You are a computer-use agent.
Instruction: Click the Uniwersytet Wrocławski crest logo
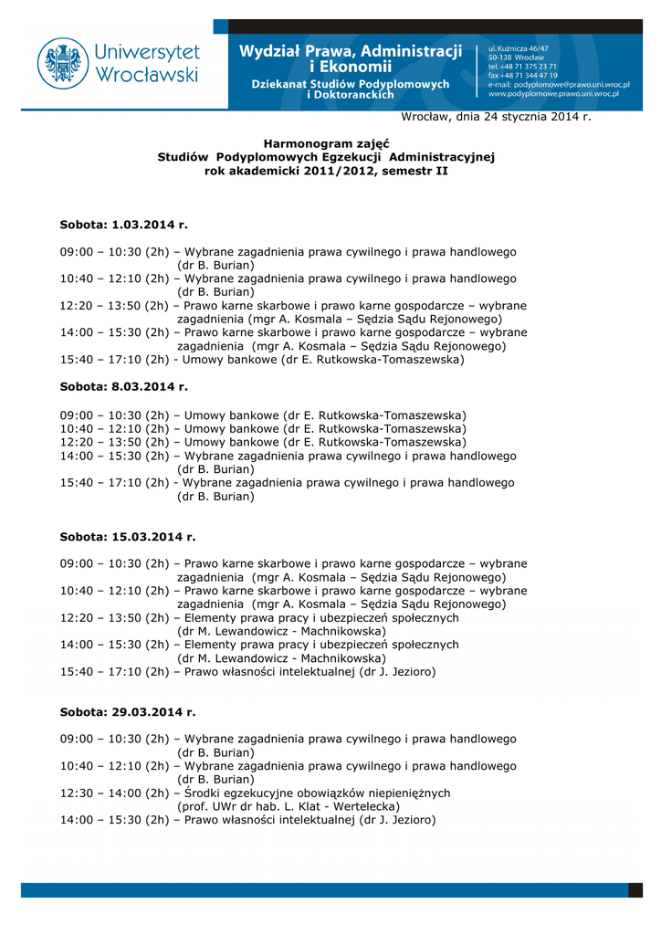tap(63, 63)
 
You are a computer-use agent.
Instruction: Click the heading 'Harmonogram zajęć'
tap(325, 143)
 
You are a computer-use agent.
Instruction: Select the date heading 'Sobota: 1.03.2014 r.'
tap(124, 224)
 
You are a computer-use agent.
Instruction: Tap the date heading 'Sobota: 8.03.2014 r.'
tap(124, 387)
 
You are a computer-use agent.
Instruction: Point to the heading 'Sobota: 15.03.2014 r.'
tap(128, 537)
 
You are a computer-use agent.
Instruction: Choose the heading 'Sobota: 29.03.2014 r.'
tap(128, 711)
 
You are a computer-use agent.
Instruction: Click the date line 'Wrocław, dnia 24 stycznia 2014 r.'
tap(496, 117)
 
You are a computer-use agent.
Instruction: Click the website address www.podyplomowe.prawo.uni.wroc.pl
tap(553, 93)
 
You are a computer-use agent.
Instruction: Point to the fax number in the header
tap(523, 75)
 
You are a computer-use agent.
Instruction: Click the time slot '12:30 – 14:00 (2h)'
tap(114, 793)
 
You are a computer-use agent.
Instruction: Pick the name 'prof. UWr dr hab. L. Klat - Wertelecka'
tap(289, 807)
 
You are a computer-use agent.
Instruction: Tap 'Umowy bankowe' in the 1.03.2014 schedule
tap(226, 360)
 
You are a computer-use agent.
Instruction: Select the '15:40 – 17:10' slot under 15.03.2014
tap(114, 672)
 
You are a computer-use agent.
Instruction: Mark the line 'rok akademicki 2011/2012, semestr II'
tap(326, 171)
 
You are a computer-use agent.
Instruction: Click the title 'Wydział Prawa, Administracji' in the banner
tap(351, 50)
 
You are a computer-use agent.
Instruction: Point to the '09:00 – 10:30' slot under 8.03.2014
tap(114, 415)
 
